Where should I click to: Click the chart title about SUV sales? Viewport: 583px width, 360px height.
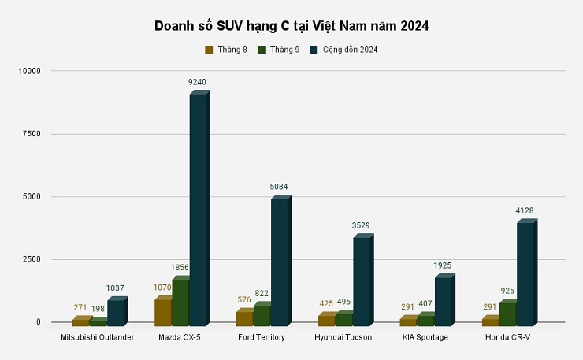pyautogui.click(x=291, y=26)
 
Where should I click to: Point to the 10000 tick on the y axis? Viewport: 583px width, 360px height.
pyautogui.click(x=28, y=71)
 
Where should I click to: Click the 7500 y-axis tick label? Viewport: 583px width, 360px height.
pyautogui.click(x=31, y=134)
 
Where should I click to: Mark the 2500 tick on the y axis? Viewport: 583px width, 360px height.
pyautogui.click(x=31, y=259)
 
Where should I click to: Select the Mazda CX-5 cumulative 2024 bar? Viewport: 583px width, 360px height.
pyautogui.click(x=198, y=209)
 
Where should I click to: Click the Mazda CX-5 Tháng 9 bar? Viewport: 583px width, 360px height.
pyautogui.click(x=180, y=301)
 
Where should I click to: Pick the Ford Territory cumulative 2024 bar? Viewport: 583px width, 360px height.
pyautogui.click(x=280, y=261)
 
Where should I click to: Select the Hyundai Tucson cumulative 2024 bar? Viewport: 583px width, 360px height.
pyautogui.click(x=362, y=280)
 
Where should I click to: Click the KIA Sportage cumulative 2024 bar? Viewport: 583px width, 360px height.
pyautogui.click(x=444, y=300)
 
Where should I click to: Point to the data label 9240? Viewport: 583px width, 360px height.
pyautogui.click(x=198, y=82)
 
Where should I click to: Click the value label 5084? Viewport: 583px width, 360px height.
pyautogui.click(x=280, y=187)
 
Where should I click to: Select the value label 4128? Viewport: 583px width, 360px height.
pyautogui.click(x=525, y=210)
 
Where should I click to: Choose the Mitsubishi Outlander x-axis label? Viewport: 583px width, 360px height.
pyautogui.click(x=97, y=337)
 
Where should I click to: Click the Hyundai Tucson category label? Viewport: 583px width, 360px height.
pyautogui.click(x=343, y=337)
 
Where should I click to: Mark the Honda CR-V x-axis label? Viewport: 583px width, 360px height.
pyautogui.click(x=508, y=337)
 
